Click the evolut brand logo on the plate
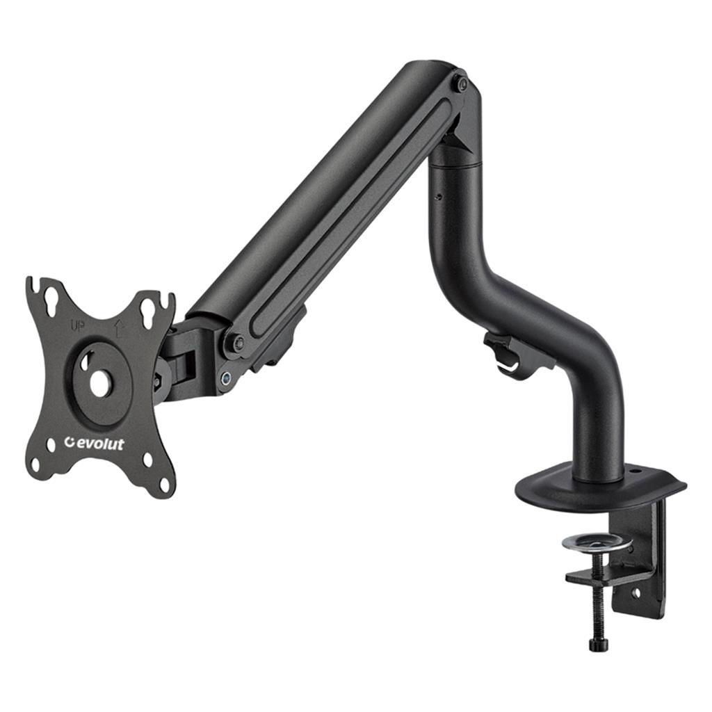pos(94,443)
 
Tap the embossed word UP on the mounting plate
pos(76,325)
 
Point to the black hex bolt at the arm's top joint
pos(462,84)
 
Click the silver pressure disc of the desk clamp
pos(596,543)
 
